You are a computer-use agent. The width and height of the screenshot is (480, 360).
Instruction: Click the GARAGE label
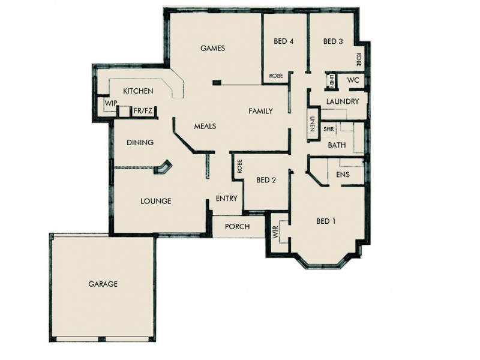(x=103, y=284)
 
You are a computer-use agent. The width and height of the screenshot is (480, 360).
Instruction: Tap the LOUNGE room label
(x=156, y=201)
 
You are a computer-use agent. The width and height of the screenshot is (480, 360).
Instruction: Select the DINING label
(x=140, y=143)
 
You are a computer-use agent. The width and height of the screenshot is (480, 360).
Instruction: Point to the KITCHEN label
(x=138, y=91)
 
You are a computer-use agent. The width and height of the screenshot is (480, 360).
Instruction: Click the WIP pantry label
(x=110, y=103)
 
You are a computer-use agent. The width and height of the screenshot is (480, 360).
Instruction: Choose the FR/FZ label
(x=143, y=111)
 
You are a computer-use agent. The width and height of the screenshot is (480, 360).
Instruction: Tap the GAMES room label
(x=212, y=48)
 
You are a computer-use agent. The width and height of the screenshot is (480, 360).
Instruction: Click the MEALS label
(x=205, y=127)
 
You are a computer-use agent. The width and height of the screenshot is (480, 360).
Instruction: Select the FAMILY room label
(x=261, y=111)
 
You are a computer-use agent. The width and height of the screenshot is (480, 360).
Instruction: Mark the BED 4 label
(x=284, y=41)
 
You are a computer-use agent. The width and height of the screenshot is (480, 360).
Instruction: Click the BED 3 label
(x=333, y=41)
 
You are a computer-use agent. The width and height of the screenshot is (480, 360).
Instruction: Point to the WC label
(x=353, y=80)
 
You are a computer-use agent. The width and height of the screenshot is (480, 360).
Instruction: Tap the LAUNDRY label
(x=343, y=101)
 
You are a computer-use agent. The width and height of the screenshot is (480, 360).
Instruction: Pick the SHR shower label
(x=328, y=129)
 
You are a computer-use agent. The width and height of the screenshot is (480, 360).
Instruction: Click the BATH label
(x=337, y=145)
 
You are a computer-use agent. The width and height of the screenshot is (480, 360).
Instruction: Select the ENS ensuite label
(x=343, y=174)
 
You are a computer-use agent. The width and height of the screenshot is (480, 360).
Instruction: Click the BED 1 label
(x=326, y=221)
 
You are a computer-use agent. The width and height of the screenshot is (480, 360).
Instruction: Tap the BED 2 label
(x=266, y=180)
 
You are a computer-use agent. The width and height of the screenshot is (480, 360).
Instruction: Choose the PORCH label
(x=237, y=226)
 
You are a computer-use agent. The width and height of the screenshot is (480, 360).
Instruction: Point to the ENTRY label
(x=226, y=199)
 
